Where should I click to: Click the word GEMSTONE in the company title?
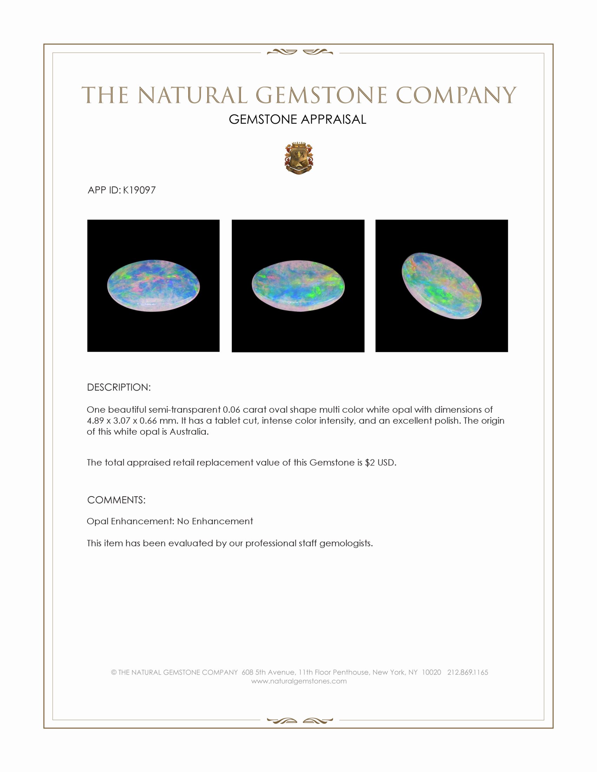pos(321,95)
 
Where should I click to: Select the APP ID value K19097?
pos(139,190)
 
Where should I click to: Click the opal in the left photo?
pos(153,286)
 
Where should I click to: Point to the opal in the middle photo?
pos(298,286)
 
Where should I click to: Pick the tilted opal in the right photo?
pos(441,286)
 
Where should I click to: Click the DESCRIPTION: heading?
pos(119,387)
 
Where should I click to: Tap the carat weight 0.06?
pos(231,410)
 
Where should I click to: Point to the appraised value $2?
pos(369,463)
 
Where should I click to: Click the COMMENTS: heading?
pos(116,500)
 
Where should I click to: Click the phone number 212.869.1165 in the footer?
pos(467,672)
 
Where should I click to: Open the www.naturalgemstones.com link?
pos(299,681)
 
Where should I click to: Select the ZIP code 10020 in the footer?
pos(431,672)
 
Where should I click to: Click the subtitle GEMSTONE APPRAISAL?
pos(297,119)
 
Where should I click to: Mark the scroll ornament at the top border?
pos(300,52)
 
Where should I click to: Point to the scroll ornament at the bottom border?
pos(300,721)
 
